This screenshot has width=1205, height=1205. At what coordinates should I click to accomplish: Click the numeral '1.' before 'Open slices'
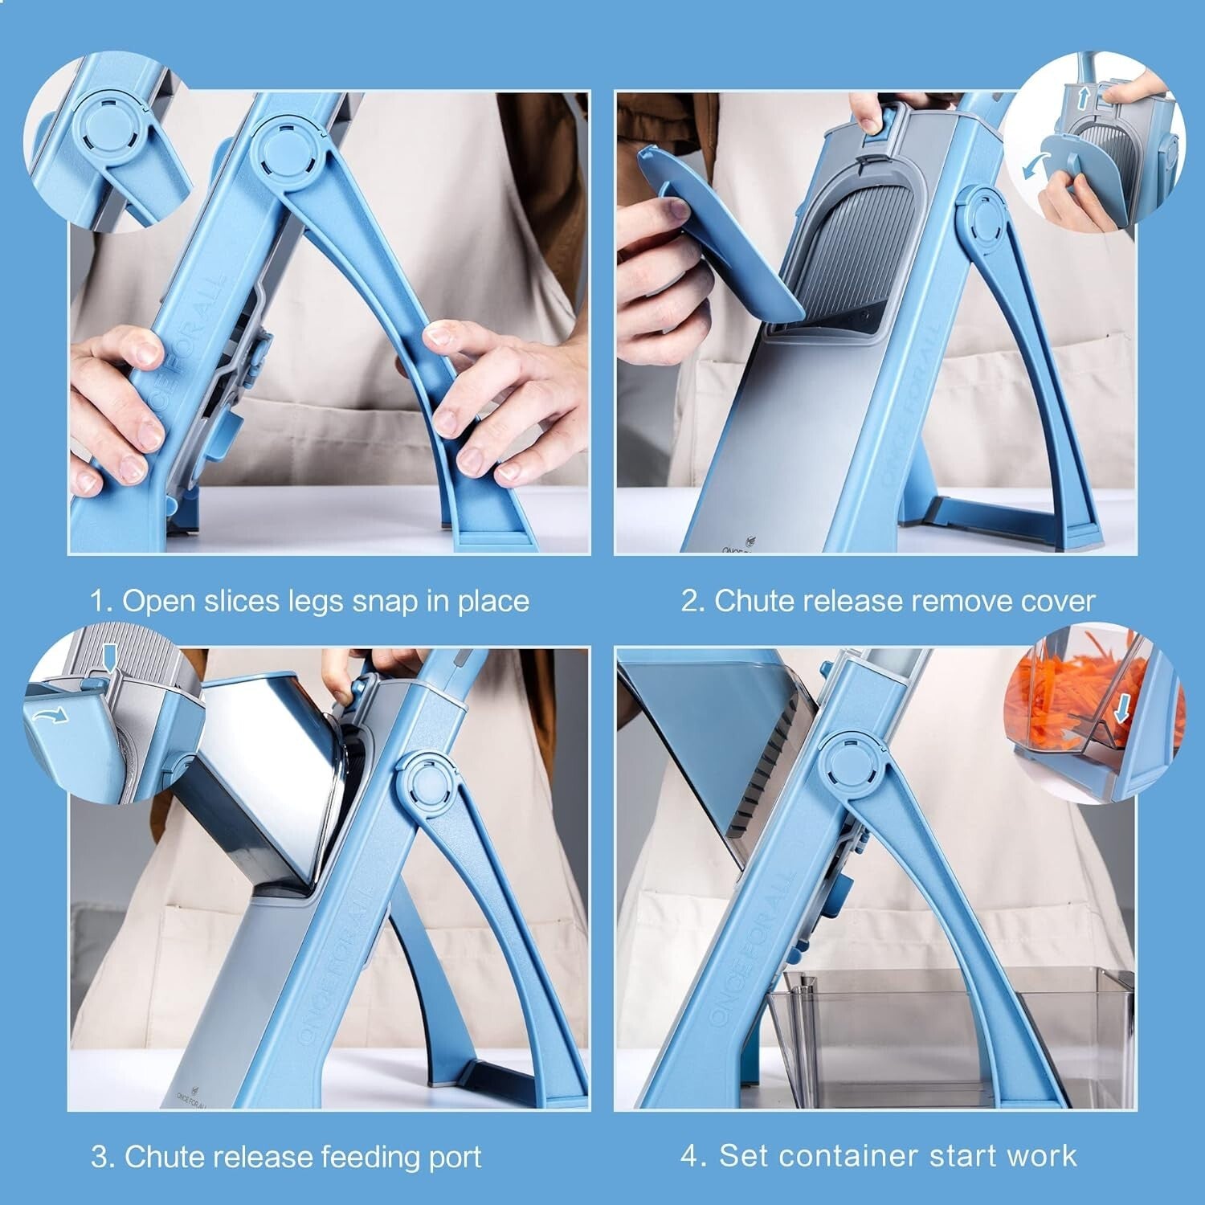101,601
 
